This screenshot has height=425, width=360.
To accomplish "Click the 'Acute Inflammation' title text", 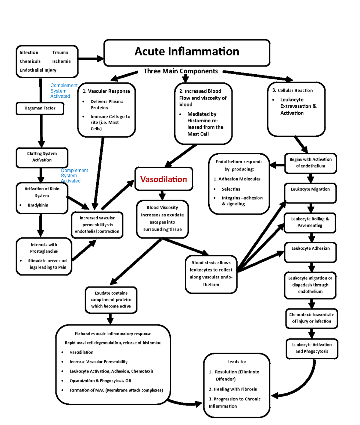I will coord(187,52).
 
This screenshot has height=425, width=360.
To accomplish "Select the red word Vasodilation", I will coord(163,179).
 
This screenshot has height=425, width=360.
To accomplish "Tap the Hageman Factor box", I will coord(40,108).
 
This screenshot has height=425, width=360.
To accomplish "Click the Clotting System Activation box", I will coord(42,157).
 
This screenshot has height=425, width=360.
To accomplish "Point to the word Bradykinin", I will coord(38,205).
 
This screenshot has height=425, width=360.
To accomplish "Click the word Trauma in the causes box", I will coord(60,52).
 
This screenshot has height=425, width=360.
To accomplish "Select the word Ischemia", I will coord(61,61).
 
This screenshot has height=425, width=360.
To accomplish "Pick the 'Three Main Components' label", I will coord(181,71).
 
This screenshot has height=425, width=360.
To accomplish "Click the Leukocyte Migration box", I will coord(310,193).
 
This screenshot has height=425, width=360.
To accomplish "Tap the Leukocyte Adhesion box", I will coord(310,252).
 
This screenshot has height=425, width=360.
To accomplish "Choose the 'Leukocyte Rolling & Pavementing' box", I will coord(310,222).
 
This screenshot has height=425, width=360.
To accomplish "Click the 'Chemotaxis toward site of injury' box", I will coord(311,318).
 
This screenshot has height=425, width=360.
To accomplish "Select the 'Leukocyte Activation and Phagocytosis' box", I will coord(312,348).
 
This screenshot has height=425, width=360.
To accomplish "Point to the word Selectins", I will coord(231,189).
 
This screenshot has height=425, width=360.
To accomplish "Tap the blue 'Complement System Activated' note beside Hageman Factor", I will coord(63,91).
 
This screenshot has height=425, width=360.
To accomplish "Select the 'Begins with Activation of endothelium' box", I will coord(310,163).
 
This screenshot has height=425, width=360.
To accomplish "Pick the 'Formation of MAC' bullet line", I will coord(116,390).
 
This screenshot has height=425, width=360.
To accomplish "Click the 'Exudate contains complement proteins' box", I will coord(111,300).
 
